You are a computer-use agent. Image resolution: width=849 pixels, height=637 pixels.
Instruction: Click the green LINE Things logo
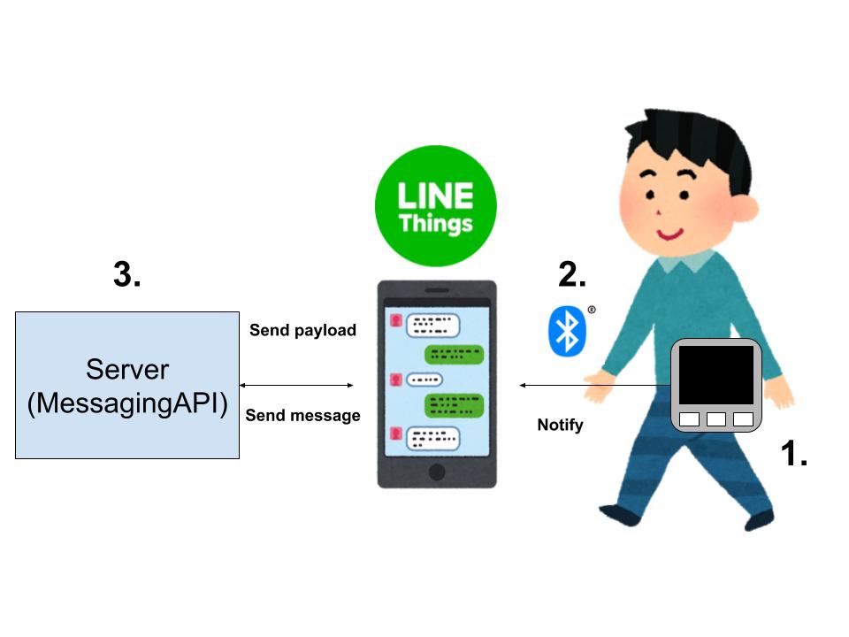coord(435,205)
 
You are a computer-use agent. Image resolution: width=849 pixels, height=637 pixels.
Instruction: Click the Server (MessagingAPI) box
coord(127,385)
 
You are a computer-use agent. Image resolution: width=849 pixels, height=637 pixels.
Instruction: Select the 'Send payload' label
coord(302,330)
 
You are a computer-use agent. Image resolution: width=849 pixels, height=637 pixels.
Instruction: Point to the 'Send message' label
coord(302,415)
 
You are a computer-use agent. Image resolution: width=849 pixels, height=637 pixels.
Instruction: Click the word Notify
coord(561,425)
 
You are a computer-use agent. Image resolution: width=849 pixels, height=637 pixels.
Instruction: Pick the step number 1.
coord(793,455)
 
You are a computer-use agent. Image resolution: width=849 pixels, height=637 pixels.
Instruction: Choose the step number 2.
coord(572,275)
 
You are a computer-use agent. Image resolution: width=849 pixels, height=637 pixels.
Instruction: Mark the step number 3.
coord(127,275)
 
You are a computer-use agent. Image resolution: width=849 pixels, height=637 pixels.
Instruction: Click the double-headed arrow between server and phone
coord(296,385)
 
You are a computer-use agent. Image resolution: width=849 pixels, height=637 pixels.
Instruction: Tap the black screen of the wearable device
coord(715,375)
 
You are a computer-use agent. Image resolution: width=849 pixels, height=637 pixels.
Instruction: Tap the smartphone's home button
coord(437,471)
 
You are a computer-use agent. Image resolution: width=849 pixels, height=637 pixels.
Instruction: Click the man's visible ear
coord(745,209)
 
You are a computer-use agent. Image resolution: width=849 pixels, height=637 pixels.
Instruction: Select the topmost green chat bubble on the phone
coord(455,355)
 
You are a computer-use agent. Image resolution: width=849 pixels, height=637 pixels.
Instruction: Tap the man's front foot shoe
coord(619,513)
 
